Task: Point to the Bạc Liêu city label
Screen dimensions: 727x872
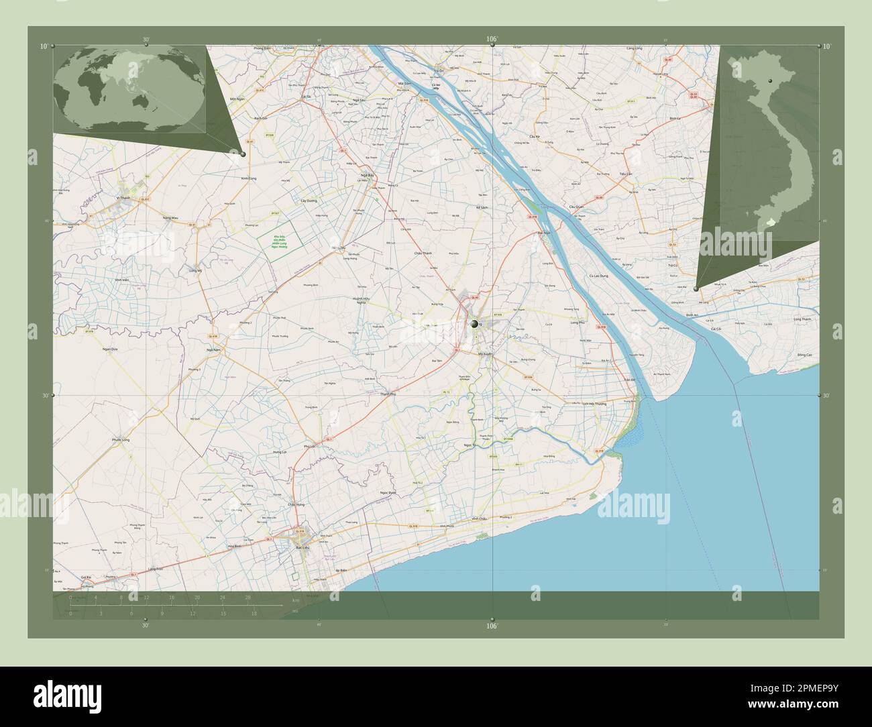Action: [302, 547]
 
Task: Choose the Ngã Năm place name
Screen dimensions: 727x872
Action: [214, 349]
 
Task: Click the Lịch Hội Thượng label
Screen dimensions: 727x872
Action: [594, 404]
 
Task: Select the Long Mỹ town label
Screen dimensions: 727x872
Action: [196, 270]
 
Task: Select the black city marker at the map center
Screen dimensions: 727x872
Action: [475, 324]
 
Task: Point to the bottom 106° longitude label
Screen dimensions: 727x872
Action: [492, 626]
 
